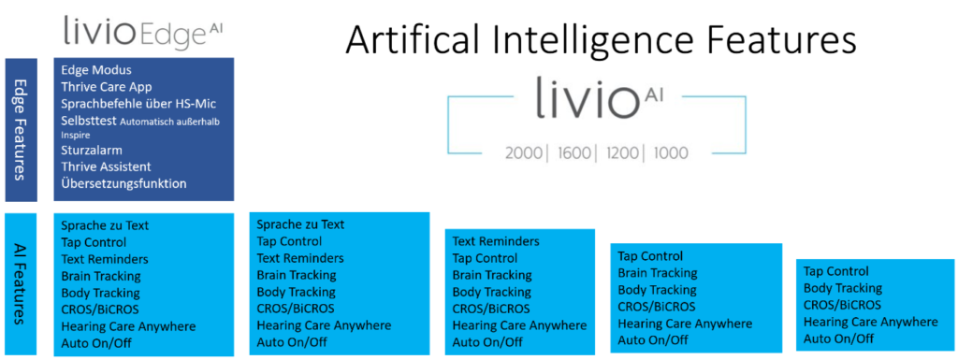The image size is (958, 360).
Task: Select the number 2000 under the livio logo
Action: pyautogui.click(x=524, y=152)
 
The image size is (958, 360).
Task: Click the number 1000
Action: pyautogui.click(x=670, y=152)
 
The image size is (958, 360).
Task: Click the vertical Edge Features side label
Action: pyautogui.click(x=22, y=129)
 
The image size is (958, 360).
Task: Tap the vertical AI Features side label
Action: pyautogui.click(x=22, y=283)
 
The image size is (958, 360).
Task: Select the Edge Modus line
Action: pyautogui.click(x=96, y=70)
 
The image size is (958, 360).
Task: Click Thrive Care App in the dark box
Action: pyautogui.click(x=107, y=87)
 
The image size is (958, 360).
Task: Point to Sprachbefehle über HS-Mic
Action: pyautogui.click(x=138, y=104)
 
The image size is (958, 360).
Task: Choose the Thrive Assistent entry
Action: pyautogui.click(x=106, y=166)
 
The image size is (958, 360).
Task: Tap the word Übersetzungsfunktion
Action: pyautogui.click(x=123, y=183)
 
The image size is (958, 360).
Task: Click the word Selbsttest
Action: pyautogui.click(x=88, y=121)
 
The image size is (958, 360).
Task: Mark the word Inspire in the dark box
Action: pyautogui.click(x=71, y=136)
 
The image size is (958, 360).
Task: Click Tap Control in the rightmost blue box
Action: pyautogui.click(x=835, y=271)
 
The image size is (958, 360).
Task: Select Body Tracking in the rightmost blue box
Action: pyautogui.click(x=843, y=288)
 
